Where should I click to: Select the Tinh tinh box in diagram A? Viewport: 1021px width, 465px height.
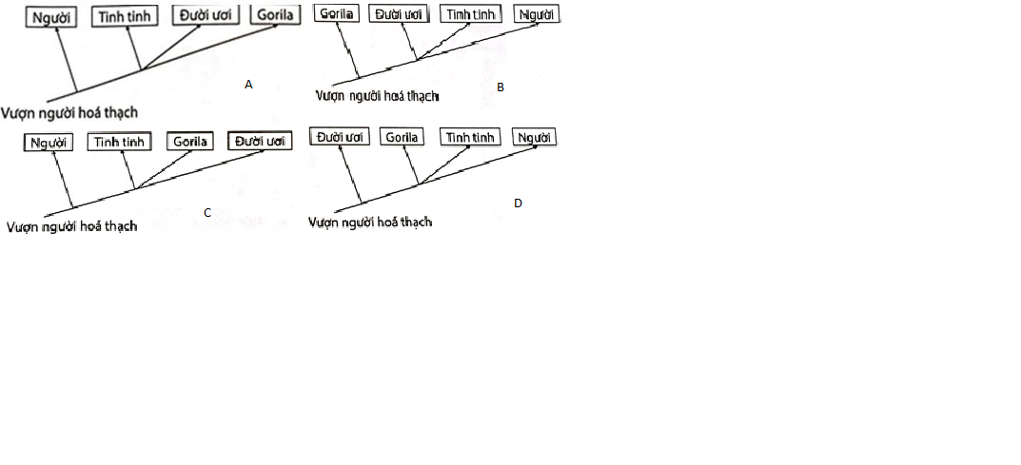(x=127, y=17)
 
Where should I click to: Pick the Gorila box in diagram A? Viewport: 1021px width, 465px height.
(x=277, y=15)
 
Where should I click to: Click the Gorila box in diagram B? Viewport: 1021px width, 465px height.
(x=337, y=14)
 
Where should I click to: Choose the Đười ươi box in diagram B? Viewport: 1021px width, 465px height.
(x=399, y=14)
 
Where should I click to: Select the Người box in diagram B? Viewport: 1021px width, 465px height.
(x=537, y=14)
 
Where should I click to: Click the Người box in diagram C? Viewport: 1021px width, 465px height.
(x=47, y=143)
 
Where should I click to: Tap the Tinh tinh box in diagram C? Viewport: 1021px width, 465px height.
(x=119, y=142)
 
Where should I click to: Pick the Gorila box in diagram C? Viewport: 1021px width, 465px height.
(x=188, y=142)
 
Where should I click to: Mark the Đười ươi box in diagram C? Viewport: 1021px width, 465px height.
(x=260, y=141)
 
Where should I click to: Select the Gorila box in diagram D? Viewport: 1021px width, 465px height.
(x=403, y=137)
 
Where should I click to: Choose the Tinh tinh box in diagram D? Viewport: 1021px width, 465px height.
(x=471, y=137)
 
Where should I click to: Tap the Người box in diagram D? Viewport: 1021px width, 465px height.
(x=534, y=137)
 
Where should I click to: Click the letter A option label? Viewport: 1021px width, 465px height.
(x=248, y=85)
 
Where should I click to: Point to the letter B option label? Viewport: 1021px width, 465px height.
(x=501, y=87)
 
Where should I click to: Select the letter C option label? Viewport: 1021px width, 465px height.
(x=207, y=212)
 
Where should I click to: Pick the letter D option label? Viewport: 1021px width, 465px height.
(x=518, y=203)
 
